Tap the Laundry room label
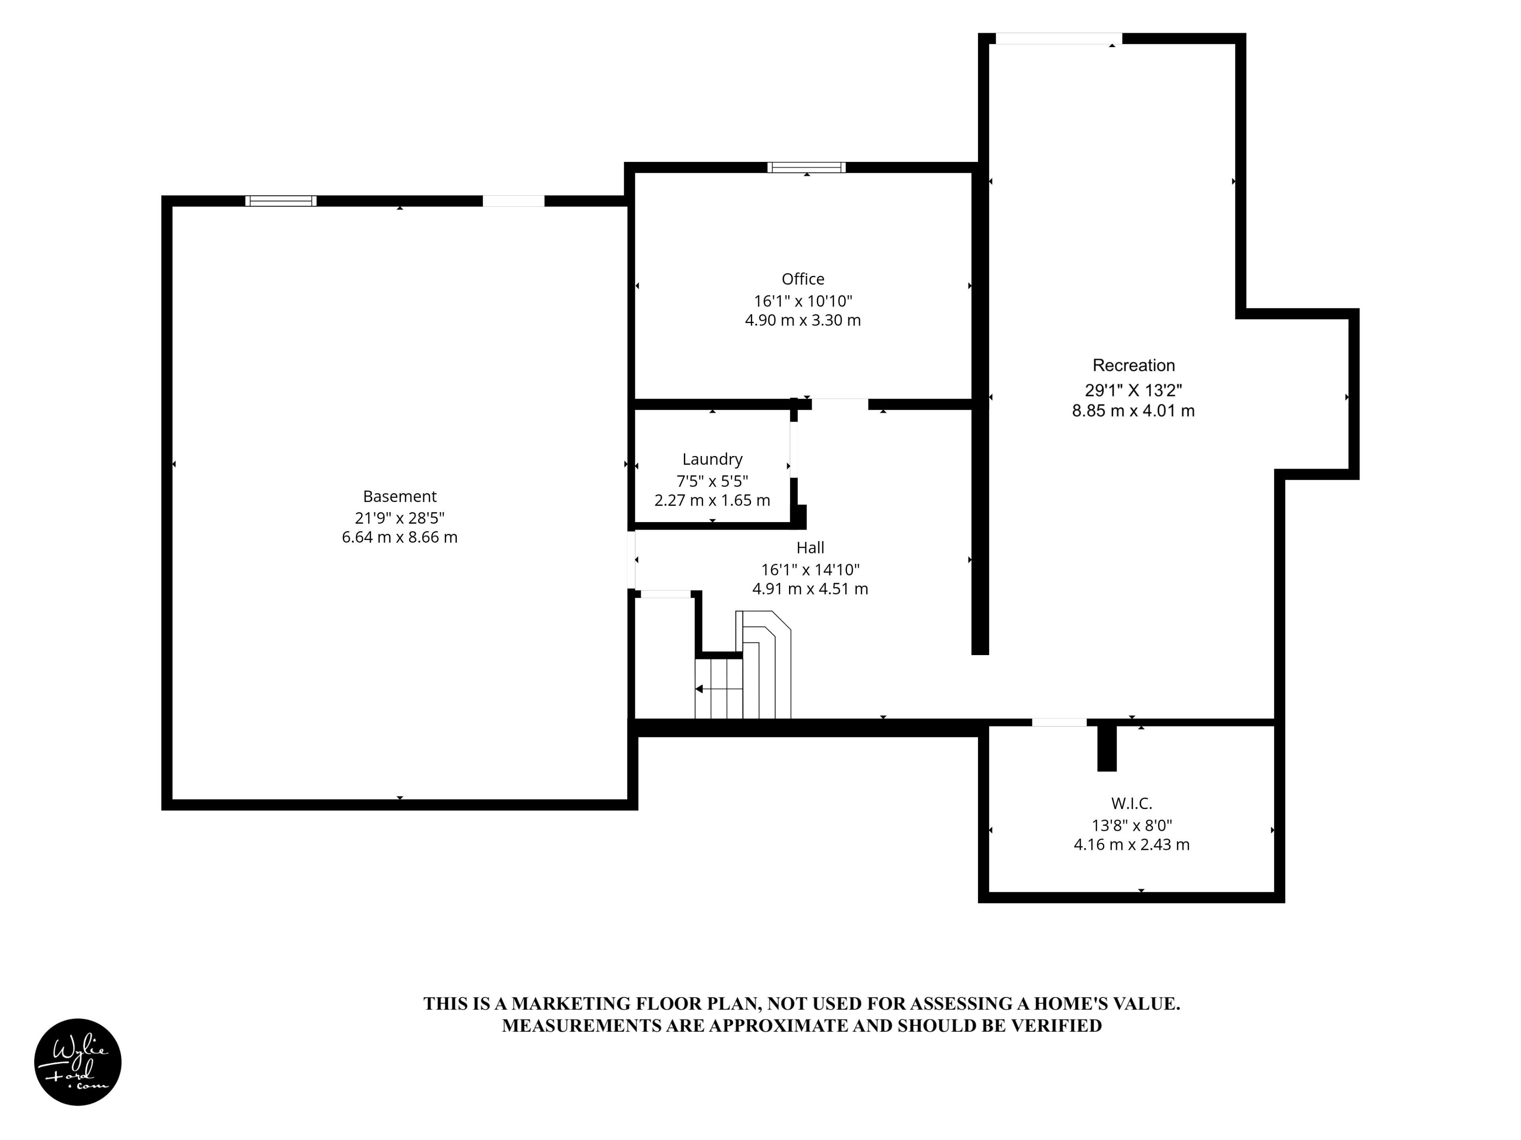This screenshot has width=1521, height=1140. [712, 460]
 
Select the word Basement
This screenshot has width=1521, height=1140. [400, 496]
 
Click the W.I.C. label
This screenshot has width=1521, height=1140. [1131, 803]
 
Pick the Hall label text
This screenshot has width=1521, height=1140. [810, 548]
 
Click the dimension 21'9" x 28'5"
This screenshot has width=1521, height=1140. [400, 517]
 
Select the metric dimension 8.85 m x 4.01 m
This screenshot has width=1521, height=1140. [1133, 411]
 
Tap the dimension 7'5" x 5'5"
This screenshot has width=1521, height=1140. [712, 481]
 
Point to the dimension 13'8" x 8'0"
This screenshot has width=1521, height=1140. [1132, 825]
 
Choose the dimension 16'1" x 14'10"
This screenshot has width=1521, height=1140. [810, 570]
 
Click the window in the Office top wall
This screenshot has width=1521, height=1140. [806, 167]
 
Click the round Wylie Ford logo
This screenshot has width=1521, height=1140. [78, 1062]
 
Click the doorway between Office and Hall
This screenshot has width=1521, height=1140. [840, 404]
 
